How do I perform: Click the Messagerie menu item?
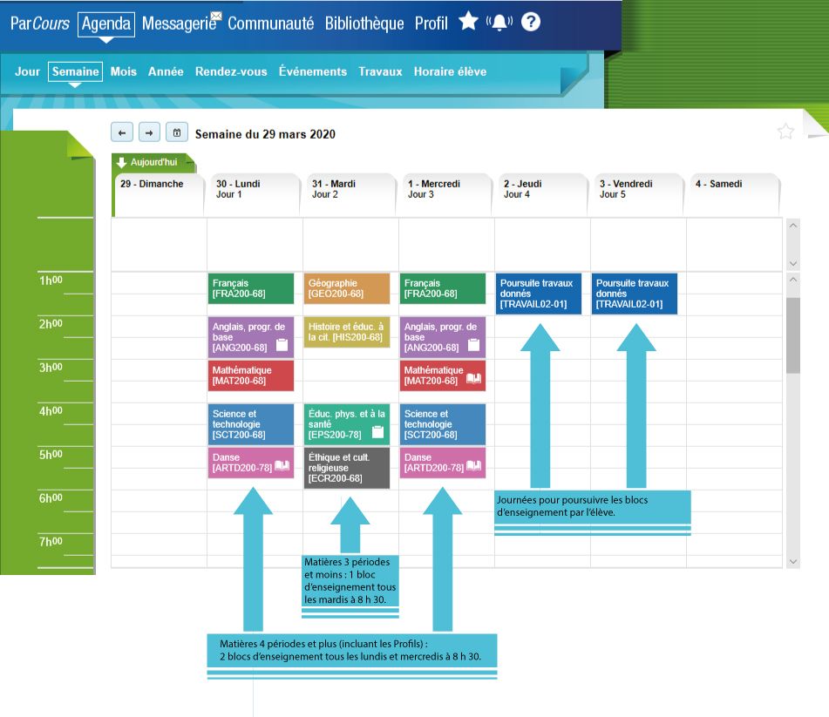pos(179,24)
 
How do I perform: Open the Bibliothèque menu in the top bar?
pos(364,24)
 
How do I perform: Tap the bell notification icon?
pos(500,23)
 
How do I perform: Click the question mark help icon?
pos(531,22)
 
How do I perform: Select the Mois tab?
pos(124,71)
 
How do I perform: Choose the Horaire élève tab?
pos(450,71)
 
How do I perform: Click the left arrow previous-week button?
pos(122,132)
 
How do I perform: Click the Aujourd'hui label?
pos(153,162)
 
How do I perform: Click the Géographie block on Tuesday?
pos(347,288)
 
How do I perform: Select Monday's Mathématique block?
pos(251,375)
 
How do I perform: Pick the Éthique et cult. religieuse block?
pos(347,468)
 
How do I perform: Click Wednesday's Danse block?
pos(443,463)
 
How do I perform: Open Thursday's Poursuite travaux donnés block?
pos(539,294)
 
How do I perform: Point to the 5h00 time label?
pos(50,455)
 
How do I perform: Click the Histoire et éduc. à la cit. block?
pos(347,332)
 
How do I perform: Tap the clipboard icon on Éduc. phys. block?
pos(377,432)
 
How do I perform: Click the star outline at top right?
pos(785,132)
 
